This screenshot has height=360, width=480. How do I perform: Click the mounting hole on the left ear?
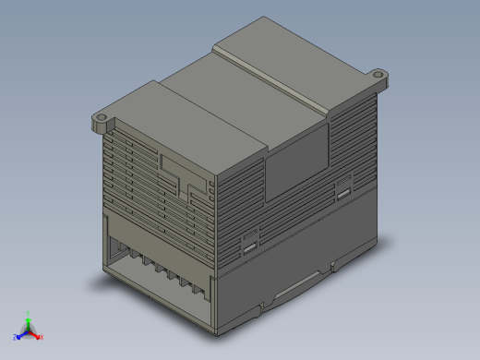tap(101, 119)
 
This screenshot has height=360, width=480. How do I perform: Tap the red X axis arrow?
tap(37, 335)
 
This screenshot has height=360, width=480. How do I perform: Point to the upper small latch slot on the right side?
tap(343, 193)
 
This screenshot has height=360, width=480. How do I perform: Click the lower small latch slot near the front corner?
tap(249, 245)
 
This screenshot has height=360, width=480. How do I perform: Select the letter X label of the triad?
tap(42, 337)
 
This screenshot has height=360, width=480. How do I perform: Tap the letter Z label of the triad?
tap(15, 338)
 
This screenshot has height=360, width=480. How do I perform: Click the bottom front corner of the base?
tap(216, 330)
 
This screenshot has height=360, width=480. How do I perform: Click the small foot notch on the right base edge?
tap(334, 268)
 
